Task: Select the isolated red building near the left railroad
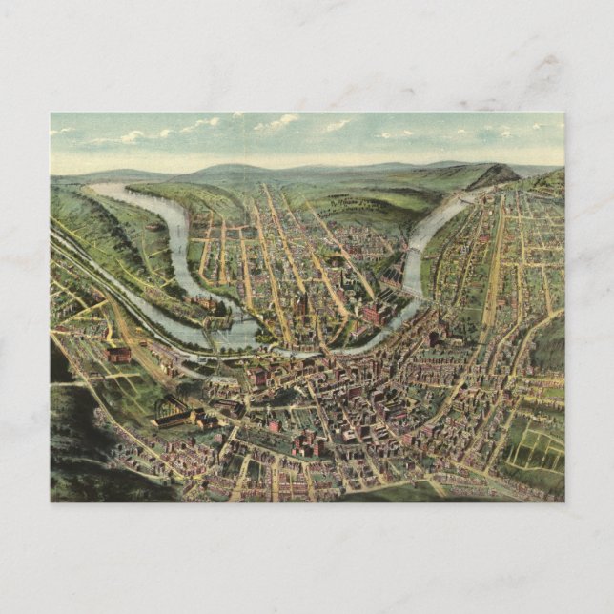[118, 354]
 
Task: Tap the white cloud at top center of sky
[276, 122]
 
